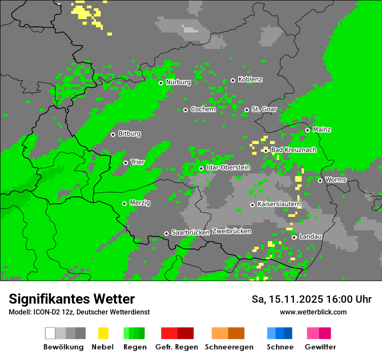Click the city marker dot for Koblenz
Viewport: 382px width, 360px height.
click(233, 80)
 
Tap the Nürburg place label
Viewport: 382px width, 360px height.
click(178, 82)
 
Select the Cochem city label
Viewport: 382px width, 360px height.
click(203, 109)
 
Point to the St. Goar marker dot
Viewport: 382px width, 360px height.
click(247, 110)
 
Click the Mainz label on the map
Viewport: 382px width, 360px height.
click(322, 130)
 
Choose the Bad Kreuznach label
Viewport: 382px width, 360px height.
click(293, 150)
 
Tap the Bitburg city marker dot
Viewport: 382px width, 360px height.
click(113, 134)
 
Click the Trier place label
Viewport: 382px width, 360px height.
click(137, 162)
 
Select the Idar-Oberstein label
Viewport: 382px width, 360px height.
click(228, 168)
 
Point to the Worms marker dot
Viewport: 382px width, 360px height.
click(320, 180)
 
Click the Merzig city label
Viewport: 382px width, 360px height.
click(140, 203)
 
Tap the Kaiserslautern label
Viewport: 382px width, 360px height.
click(279, 204)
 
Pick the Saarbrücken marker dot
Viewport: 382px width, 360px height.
click(166, 233)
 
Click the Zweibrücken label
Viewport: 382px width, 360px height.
click(231, 231)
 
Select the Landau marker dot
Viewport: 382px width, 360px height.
click(294, 237)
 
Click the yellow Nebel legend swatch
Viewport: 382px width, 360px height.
click(103, 333)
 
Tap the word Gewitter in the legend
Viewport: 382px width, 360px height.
click(320, 347)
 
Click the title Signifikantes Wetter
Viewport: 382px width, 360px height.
click(72, 299)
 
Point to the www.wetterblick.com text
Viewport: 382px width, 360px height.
click(313, 312)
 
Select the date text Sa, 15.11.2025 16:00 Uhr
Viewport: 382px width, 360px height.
click(311, 299)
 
